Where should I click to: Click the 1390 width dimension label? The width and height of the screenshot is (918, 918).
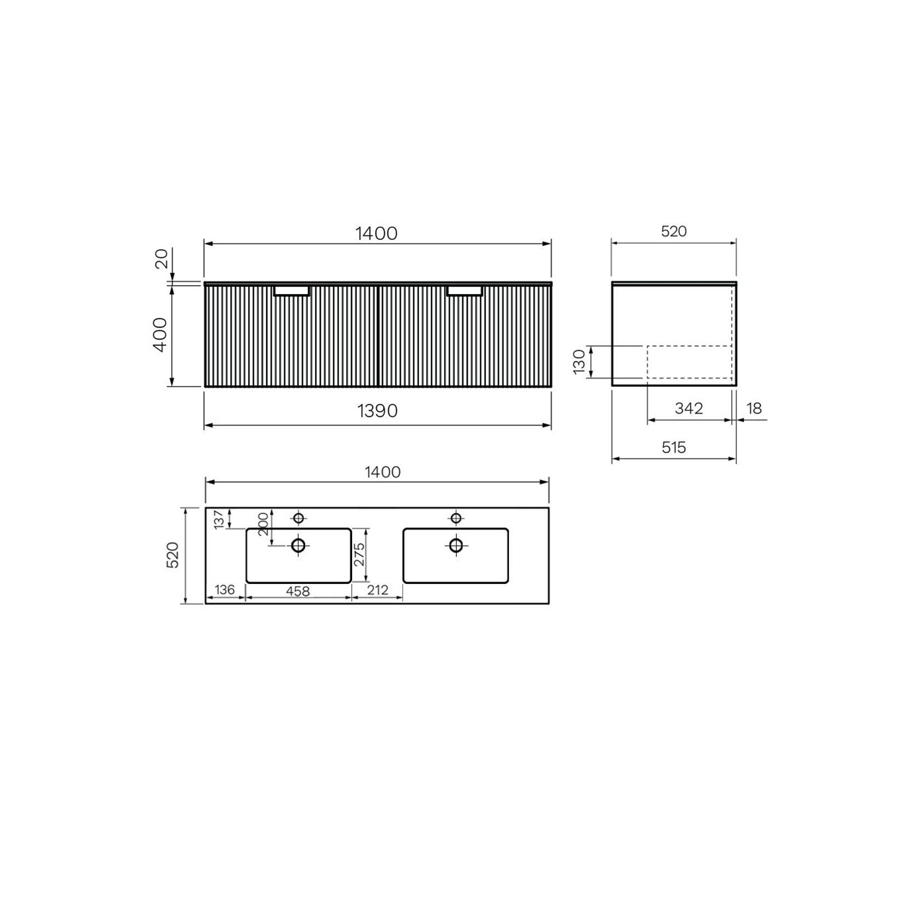(x=377, y=410)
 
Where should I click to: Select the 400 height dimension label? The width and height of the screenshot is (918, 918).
(x=160, y=335)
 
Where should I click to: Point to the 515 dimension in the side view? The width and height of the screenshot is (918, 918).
(x=673, y=447)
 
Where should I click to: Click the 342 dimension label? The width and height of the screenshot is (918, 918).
(x=688, y=409)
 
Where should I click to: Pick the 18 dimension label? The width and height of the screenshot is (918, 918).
(x=754, y=409)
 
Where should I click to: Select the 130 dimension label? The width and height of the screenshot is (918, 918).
(x=580, y=362)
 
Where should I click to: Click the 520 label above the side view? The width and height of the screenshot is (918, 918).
(x=673, y=232)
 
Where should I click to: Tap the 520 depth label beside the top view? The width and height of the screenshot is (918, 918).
(x=173, y=555)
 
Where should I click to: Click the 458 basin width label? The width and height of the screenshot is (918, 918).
(x=297, y=591)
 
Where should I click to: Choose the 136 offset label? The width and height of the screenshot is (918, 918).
(x=225, y=590)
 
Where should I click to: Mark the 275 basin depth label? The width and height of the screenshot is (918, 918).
(x=359, y=555)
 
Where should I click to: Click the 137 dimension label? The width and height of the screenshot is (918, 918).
(x=220, y=519)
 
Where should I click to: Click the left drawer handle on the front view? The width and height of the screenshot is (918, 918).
(x=292, y=290)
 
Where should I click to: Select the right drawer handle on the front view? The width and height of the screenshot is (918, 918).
(x=464, y=290)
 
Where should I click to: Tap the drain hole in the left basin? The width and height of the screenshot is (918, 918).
(x=298, y=545)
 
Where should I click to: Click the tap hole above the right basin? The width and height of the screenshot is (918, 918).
(x=456, y=518)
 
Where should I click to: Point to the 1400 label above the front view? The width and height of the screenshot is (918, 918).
(x=376, y=233)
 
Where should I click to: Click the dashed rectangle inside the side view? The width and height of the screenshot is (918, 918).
(x=689, y=362)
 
